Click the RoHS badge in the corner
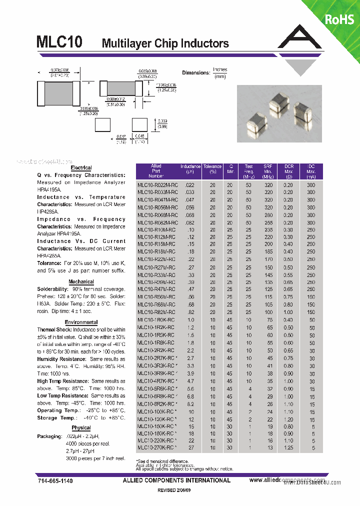tap(339, 19)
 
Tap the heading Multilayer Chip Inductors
tap(165, 43)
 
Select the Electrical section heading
tap(81, 168)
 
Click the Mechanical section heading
tap(81, 282)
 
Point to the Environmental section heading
tap(81, 322)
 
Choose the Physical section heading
tap(81, 428)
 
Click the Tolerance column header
tap(212, 169)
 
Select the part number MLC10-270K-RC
tap(156, 447)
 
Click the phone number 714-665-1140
tap(55, 480)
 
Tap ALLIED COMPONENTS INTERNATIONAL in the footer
tap(176, 480)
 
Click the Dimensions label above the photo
tap(195, 73)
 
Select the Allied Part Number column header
tap(156, 171)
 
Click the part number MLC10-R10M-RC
tap(156, 229)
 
